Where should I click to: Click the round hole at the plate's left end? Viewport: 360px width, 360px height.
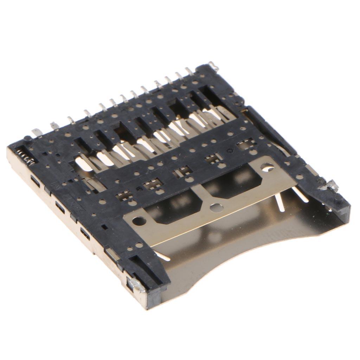click(x=139, y=221)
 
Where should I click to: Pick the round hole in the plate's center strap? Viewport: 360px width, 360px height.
click(x=213, y=207)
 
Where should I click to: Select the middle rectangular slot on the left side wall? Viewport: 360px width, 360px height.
click(x=59, y=208)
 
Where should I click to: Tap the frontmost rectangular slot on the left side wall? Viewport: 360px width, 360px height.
click(x=85, y=234)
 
